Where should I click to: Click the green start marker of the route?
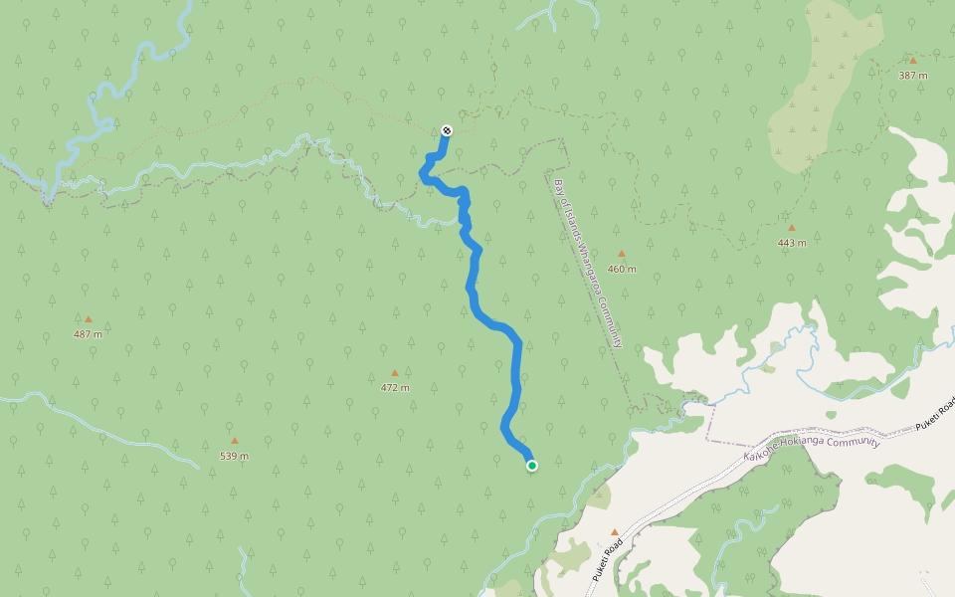532,465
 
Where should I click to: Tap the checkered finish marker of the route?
447,130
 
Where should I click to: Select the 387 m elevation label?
912,76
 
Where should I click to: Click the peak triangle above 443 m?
792,228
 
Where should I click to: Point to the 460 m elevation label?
622,269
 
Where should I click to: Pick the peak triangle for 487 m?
88,319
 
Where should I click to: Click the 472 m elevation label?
395,388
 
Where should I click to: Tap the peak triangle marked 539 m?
235,441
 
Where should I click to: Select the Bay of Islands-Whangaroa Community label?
588,263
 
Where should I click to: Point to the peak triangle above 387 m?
912,60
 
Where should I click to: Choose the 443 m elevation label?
792,243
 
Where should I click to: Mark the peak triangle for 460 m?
622,254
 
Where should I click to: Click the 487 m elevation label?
88,334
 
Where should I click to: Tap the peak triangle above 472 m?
395,373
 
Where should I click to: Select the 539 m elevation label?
235,457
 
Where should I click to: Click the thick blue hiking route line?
517,368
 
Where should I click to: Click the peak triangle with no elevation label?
615,532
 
